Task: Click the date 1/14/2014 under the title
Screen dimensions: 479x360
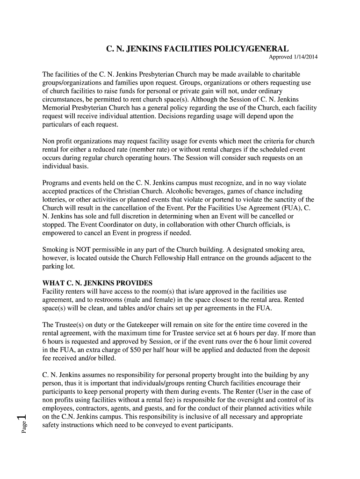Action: [306, 58]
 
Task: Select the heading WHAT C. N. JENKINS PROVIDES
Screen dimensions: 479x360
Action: [97, 283]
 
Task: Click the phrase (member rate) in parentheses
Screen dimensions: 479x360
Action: [159, 150]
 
